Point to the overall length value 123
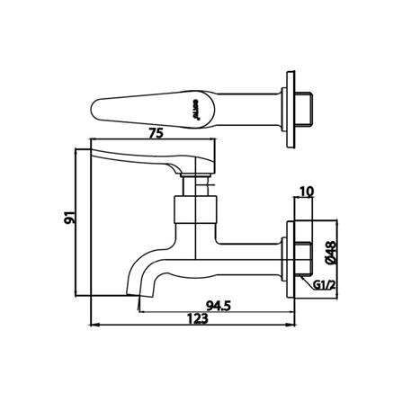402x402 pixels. tap(198, 316)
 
